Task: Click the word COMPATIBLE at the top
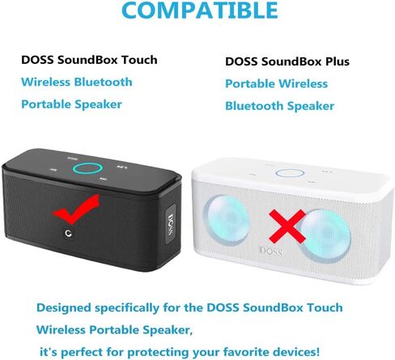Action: pyautogui.click(x=200, y=10)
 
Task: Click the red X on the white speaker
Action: pyautogui.click(x=287, y=227)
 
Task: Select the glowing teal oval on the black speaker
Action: pyautogui.click(x=87, y=168)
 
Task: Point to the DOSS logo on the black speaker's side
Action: pyautogui.click(x=171, y=224)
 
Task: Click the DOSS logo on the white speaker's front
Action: pyautogui.click(x=271, y=252)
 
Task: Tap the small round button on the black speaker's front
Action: pyautogui.click(x=68, y=234)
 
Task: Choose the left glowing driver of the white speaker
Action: pyautogui.click(x=227, y=219)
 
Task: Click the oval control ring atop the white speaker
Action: pyautogui.click(x=290, y=173)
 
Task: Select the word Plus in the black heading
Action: pyautogui.click(x=338, y=61)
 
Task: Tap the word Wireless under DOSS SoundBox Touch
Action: pyautogui.click(x=45, y=82)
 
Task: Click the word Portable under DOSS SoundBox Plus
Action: pyautogui.click(x=249, y=83)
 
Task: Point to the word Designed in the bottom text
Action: pyautogui.click(x=64, y=308)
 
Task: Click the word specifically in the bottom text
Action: pyautogui.click(x=127, y=308)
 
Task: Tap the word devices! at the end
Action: pyautogui.click(x=296, y=352)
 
